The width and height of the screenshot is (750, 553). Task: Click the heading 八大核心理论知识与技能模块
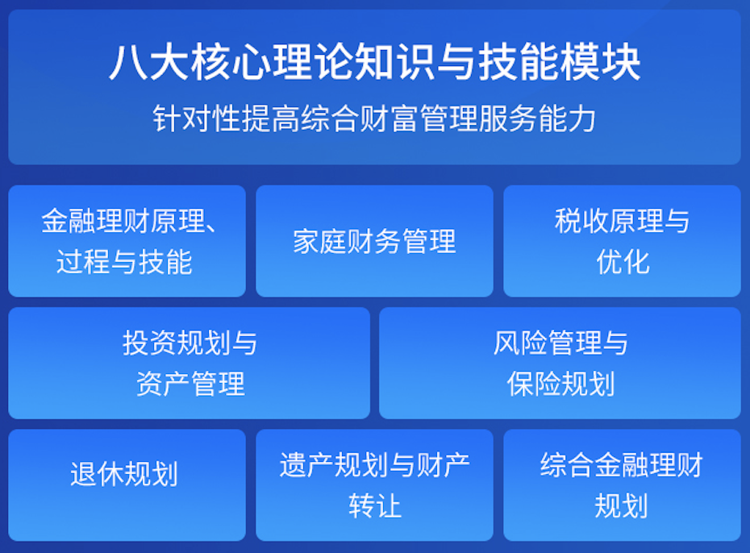pos(374,62)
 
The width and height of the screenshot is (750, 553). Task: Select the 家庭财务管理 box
pos(374,241)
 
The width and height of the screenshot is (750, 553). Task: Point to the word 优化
pos(623,261)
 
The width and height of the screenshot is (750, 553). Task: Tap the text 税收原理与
pos(623,221)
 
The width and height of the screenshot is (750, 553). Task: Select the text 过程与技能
pos(124,261)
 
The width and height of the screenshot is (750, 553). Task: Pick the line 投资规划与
pos(190,343)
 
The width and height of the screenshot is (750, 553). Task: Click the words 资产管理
pos(190,384)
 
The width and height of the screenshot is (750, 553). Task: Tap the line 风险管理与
pos(560,343)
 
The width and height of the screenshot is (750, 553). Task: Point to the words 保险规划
pos(560,384)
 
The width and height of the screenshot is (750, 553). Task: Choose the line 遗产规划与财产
pos(374,466)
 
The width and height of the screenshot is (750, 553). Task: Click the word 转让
pos(374,506)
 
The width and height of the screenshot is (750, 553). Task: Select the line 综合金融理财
pos(622,466)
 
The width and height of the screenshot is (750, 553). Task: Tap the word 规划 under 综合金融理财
pos(622,506)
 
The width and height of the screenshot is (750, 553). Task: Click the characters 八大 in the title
pos(135,62)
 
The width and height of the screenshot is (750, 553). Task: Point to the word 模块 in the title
pos(614,62)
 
